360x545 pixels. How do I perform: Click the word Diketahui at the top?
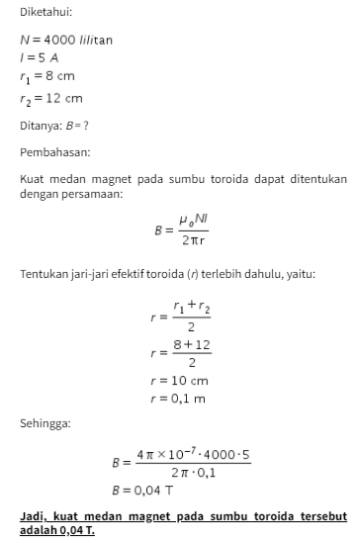pyautogui.click(x=45, y=12)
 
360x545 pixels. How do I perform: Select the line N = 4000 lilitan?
pyautogui.click(x=66, y=40)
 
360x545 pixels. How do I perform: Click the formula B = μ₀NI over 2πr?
pyautogui.click(x=186, y=229)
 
